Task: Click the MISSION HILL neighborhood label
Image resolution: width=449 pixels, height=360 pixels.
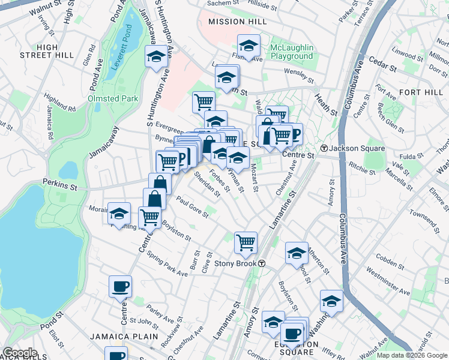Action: coord(235,22)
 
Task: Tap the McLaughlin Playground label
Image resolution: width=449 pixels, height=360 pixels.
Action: coord(292,52)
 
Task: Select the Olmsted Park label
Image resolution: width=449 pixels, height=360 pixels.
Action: coord(113,98)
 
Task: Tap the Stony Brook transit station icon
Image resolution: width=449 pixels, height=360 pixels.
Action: coord(262,263)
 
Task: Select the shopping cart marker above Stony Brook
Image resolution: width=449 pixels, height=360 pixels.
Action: coord(246,242)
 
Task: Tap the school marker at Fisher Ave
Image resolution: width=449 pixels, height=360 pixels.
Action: coord(248,46)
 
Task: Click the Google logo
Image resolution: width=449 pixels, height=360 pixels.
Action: coord(19,353)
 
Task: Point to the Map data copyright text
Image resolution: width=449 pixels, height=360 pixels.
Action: coord(411,355)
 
